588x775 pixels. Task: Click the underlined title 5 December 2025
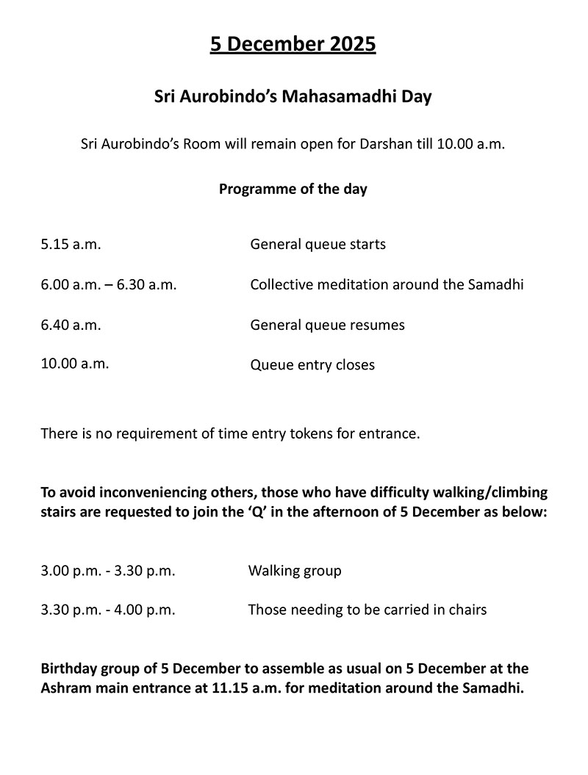tap(293, 45)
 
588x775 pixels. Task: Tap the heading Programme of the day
tap(293, 189)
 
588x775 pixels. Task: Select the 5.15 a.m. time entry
tap(71, 244)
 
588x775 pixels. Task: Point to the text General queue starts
tap(318, 244)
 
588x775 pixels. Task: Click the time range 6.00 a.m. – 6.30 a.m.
tap(109, 284)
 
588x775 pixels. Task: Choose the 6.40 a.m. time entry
tap(71, 324)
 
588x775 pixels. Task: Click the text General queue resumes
tap(327, 324)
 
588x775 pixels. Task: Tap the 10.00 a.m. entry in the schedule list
tap(75, 363)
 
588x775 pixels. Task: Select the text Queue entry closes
tap(312, 364)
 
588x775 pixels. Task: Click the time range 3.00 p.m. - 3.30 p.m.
tap(108, 571)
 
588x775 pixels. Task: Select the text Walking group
tap(295, 571)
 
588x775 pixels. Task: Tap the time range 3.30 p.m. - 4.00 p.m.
tap(108, 610)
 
